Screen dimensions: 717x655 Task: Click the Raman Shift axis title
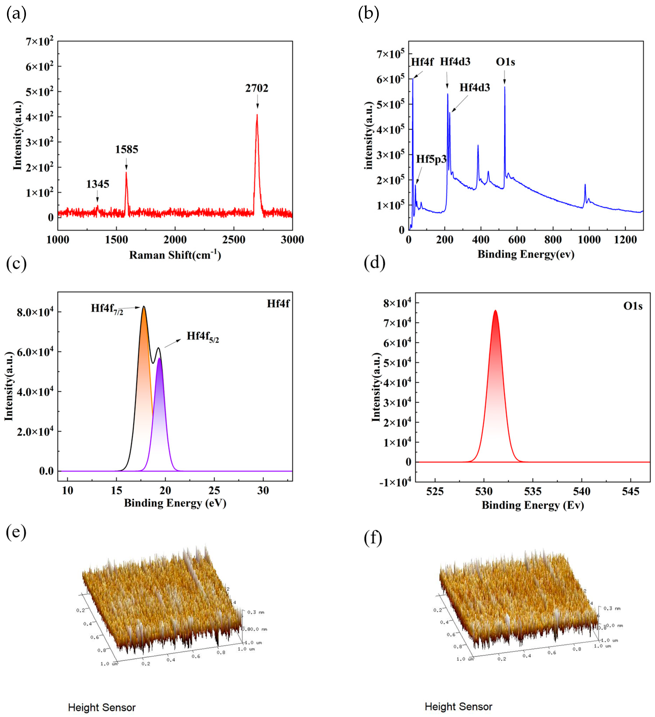[175, 255]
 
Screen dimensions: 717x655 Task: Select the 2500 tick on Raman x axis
[234, 240]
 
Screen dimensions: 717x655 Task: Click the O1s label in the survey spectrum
[505, 62]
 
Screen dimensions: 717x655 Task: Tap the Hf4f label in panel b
[422, 62]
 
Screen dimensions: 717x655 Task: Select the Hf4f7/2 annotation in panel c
[107, 309]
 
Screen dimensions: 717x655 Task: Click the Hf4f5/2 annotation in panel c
[203, 336]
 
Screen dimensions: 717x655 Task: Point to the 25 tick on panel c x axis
[214, 491]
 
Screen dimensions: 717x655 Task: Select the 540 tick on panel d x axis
[582, 492]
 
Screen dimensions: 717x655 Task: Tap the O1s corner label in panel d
[633, 306]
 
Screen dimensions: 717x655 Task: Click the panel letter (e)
[16, 532]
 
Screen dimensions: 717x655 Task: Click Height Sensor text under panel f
[458, 706]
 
